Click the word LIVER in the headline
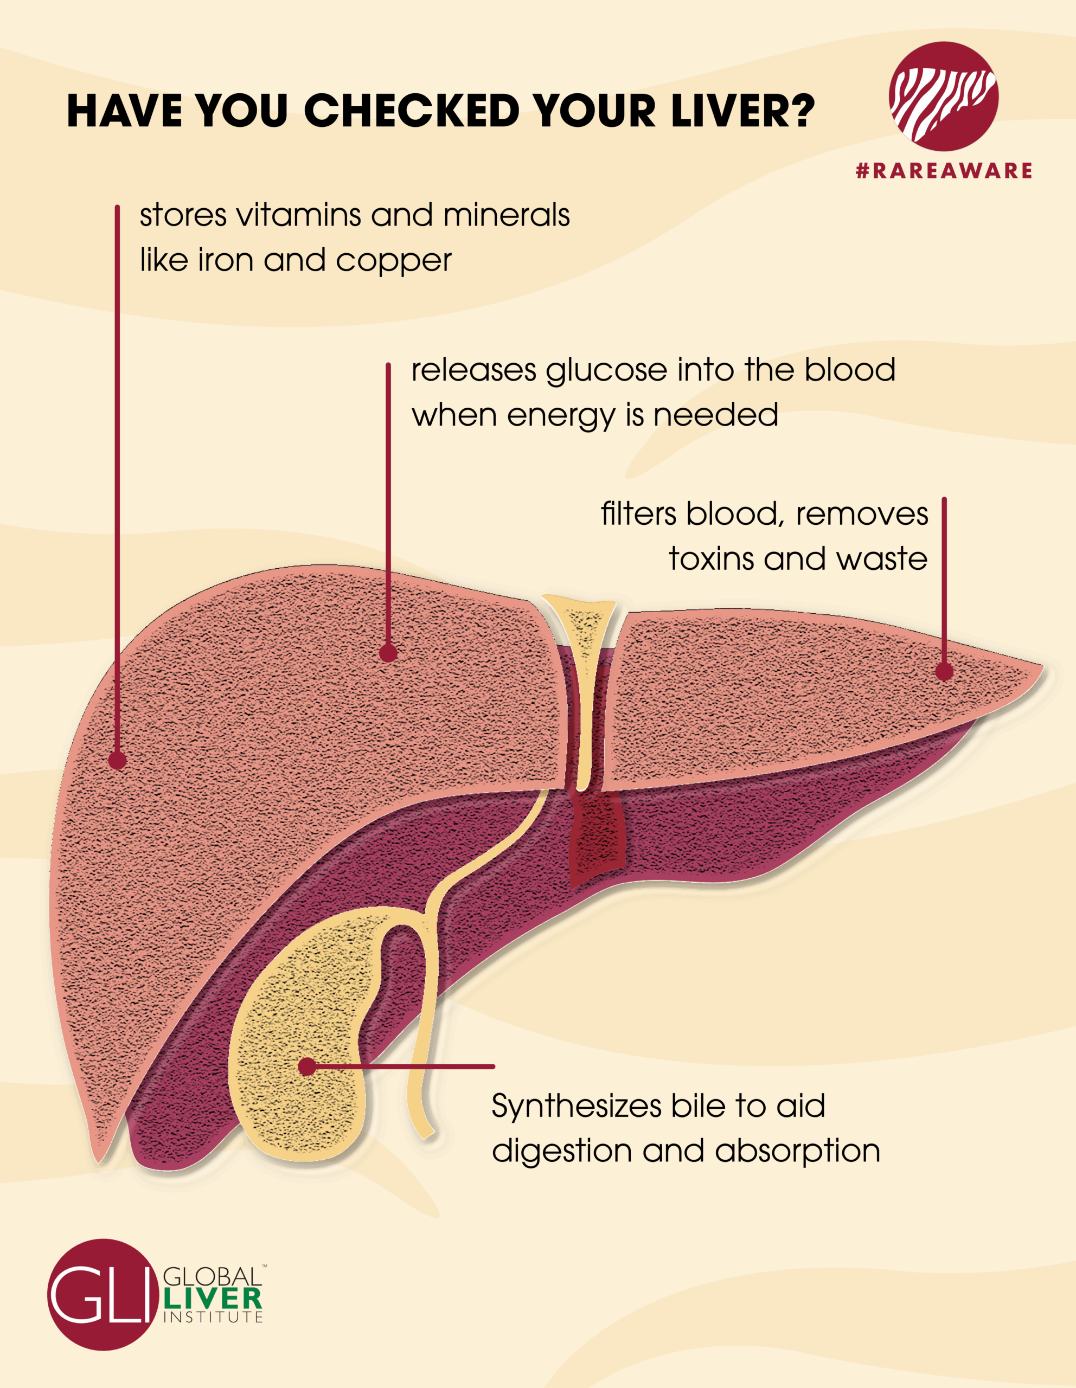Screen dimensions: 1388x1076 (724, 111)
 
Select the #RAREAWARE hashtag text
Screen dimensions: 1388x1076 (943, 170)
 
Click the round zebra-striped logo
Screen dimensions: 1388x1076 (943, 96)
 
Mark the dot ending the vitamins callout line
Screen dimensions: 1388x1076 (118, 760)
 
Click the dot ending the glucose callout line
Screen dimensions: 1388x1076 (388, 653)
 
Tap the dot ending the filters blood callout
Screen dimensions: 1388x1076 (944, 671)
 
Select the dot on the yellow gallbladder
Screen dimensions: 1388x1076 (307, 1066)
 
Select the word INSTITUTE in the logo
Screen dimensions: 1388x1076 (213, 1318)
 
